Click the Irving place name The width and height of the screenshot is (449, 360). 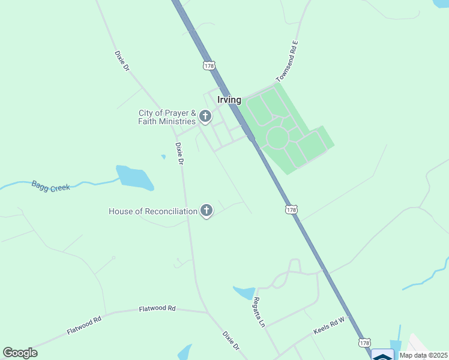[229, 100]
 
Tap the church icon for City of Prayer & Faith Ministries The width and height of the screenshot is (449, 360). [205, 116]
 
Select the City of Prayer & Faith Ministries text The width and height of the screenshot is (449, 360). [167, 117]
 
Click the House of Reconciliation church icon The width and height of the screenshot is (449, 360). [206, 211]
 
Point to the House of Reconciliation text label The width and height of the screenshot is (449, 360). [153, 211]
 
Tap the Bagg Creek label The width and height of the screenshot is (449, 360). [51, 187]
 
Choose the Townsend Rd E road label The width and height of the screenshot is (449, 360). [287, 61]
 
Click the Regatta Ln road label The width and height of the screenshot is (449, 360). [259, 311]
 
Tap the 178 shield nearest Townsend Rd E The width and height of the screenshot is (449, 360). [209, 66]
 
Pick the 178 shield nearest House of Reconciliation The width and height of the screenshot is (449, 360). [291, 209]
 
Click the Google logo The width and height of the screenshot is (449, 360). [20, 353]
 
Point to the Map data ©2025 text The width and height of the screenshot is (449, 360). [424, 355]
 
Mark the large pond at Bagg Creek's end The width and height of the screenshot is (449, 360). [134, 178]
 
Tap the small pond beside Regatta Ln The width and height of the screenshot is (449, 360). [244, 293]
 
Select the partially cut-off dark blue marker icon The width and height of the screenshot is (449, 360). [382, 355]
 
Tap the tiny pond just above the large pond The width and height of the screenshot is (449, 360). [163, 157]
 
